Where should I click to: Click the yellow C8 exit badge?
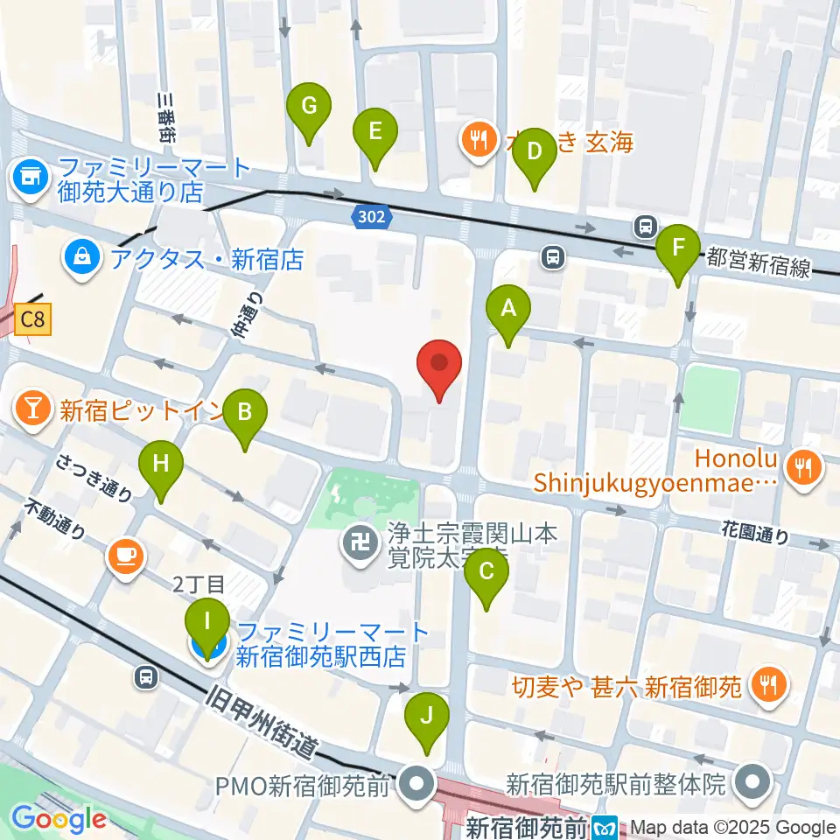point(32,320)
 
